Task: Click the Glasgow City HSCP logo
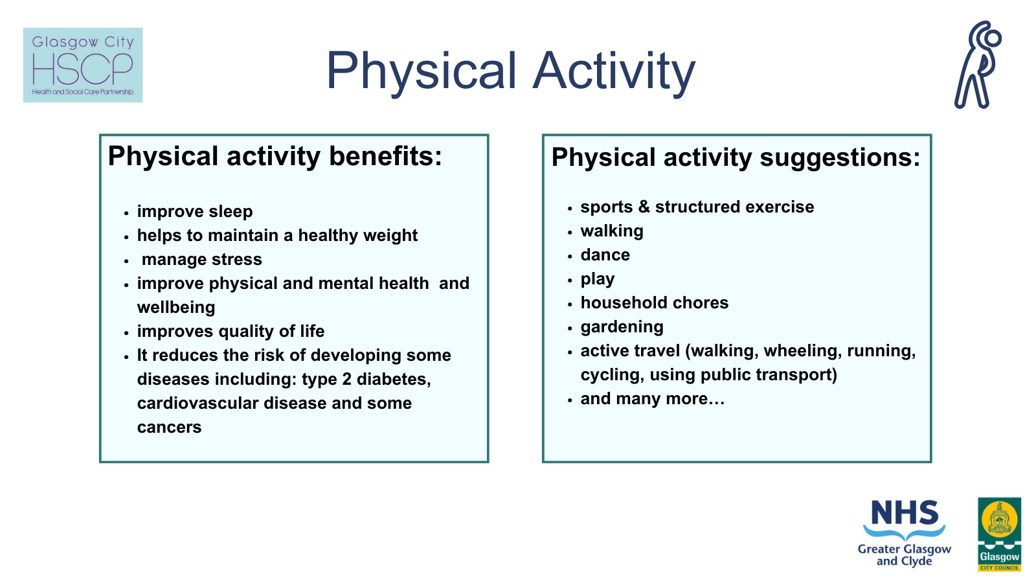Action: pos(83,65)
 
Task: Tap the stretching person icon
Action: pos(978,65)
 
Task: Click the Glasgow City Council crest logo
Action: pos(999,534)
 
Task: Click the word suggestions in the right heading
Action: pos(839,158)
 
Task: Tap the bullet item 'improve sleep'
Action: pos(194,212)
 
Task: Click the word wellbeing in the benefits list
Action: pos(176,308)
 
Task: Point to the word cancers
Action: pos(169,428)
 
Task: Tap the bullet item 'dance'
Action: pos(605,255)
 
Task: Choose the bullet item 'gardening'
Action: pos(622,327)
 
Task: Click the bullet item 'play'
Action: pos(597,279)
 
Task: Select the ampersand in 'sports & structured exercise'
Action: pos(644,207)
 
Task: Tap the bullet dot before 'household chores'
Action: pos(570,304)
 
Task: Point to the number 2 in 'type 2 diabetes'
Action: pos(346,380)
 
